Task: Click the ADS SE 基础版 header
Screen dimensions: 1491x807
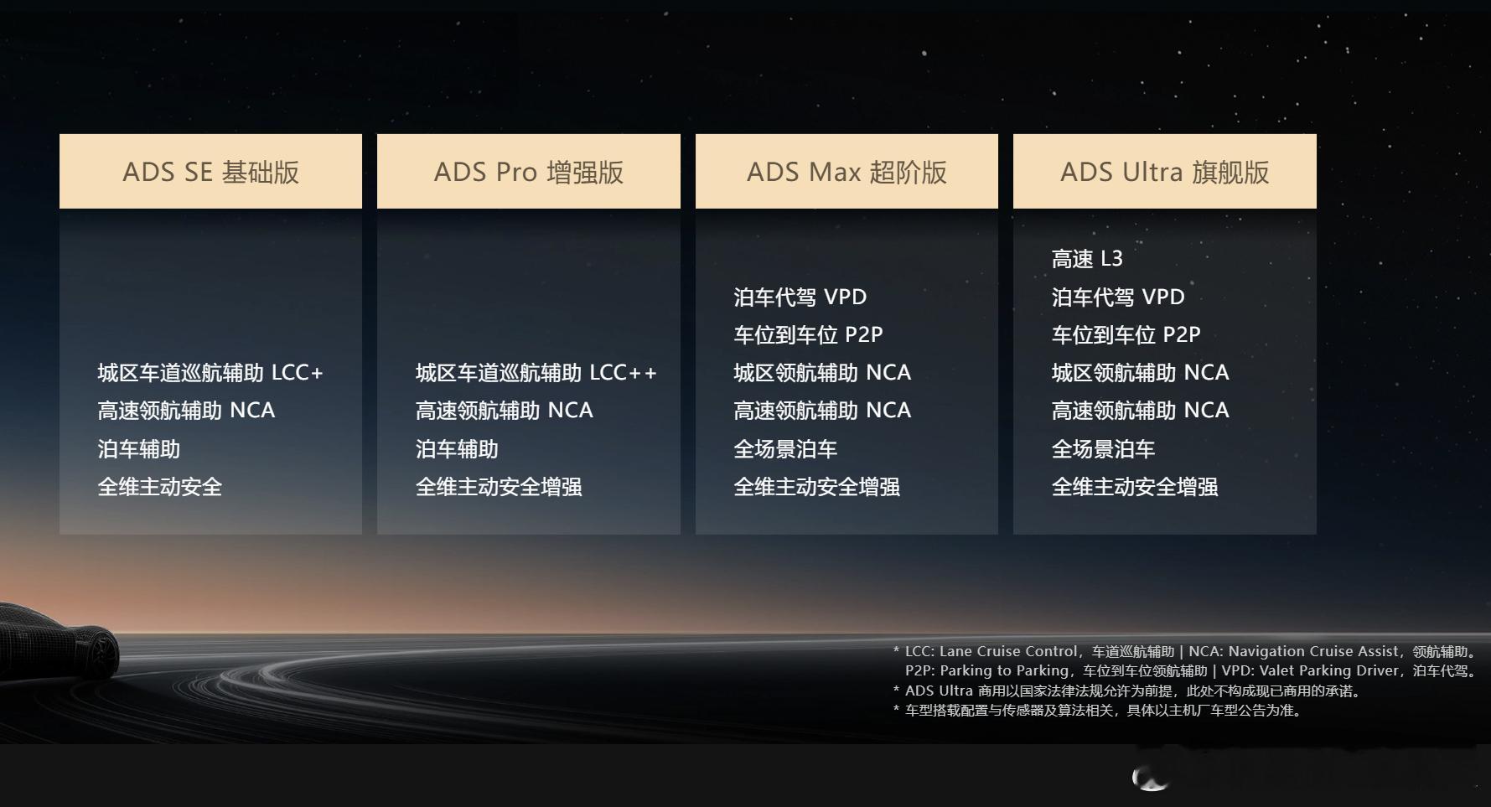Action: [210, 171]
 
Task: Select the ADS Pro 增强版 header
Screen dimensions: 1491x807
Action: [529, 171]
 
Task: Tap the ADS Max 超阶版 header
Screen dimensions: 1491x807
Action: [846, 171]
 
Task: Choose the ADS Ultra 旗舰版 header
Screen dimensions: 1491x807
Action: [1165, 171]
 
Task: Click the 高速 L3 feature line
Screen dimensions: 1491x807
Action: [1087, 259]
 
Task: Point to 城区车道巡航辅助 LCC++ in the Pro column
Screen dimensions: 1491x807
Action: [536, 373]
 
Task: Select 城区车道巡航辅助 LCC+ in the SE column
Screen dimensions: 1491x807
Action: [210, 373]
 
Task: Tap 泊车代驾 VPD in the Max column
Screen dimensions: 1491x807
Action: [800, 297]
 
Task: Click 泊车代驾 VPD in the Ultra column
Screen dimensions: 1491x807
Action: [1118, 297]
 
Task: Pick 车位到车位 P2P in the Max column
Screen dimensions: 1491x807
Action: [808, 335]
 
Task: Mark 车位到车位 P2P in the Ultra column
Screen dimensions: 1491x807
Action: [1126, 335]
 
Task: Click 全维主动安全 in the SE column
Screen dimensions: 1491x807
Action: [160, 487]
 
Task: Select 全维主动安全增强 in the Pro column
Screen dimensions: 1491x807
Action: [499, 487]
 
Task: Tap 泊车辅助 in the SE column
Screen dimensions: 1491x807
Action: [139, 449]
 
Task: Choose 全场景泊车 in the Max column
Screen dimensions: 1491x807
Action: [785, 449]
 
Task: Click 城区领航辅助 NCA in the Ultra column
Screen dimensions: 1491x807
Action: [1141, 373]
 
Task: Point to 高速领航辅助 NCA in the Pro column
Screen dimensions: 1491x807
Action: [505, 411]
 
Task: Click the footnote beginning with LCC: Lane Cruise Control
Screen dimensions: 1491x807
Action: [1185, 661]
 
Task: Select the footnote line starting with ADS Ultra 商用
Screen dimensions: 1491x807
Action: [1127, 691]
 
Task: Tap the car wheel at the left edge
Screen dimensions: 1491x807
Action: [105, 654]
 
